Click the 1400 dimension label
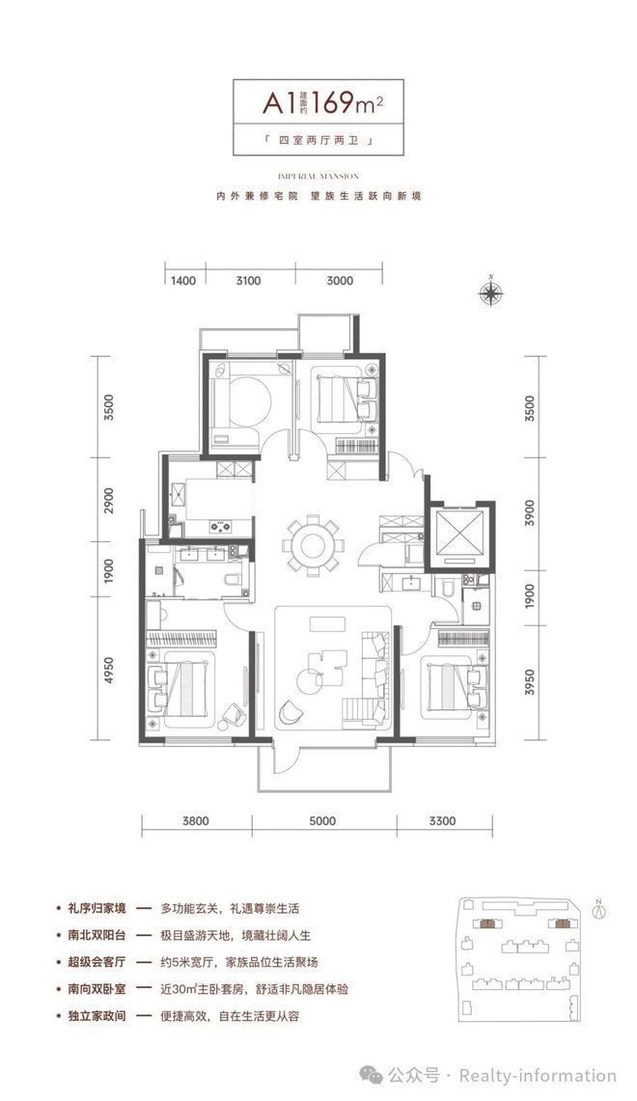pyautogui.click(x=182, y=282)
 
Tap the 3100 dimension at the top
pyautogui.click(x=249, y=282)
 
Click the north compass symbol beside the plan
pyautogui.click(x=491, y=292)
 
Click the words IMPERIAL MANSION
pyautogui.click(x=318, y=177)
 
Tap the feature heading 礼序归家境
pyautogui.click(x=90, y=908)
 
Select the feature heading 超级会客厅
pyautogui.click(x=90, y=962)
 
